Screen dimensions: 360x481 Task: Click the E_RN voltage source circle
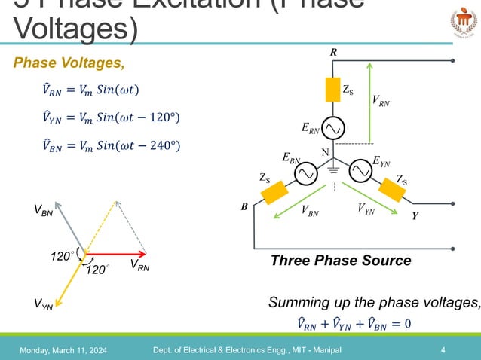coord(333,129)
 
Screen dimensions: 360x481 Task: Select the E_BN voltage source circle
coord(305,174)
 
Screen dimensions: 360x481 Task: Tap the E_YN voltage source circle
coord(361,173)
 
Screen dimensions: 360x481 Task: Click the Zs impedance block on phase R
coord(332,90)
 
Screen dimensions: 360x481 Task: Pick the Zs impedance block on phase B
coord(272,192)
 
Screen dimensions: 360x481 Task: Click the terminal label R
coord(333,53)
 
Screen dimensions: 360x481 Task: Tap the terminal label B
coord(244,205)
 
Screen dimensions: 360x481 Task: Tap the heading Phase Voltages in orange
coord(69,63)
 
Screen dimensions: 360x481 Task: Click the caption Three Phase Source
coord(341,261)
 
